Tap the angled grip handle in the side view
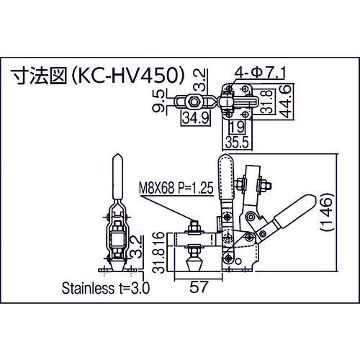(292, 217)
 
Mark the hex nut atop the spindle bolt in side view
(194, 231)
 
